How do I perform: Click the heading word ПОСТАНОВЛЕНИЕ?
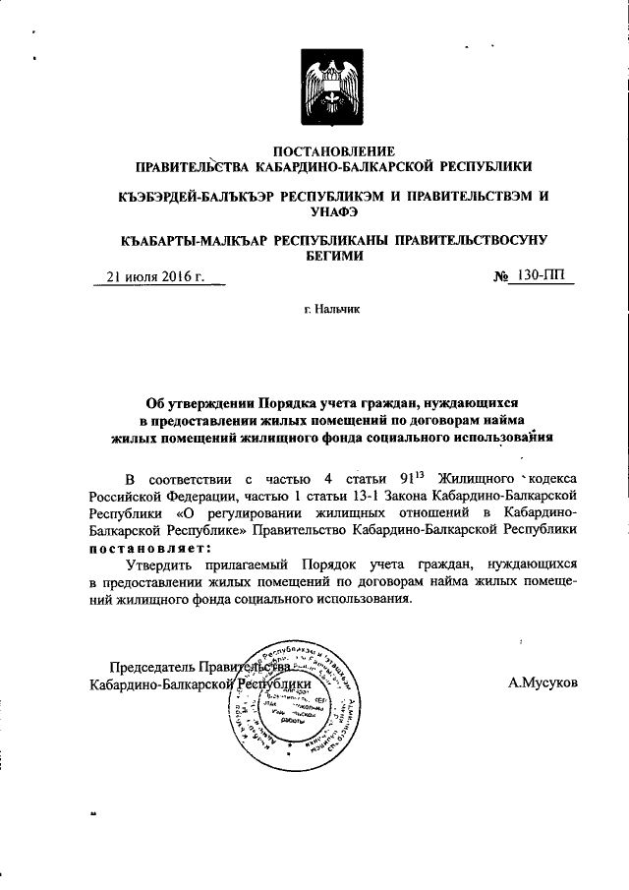tap(334, 151)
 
